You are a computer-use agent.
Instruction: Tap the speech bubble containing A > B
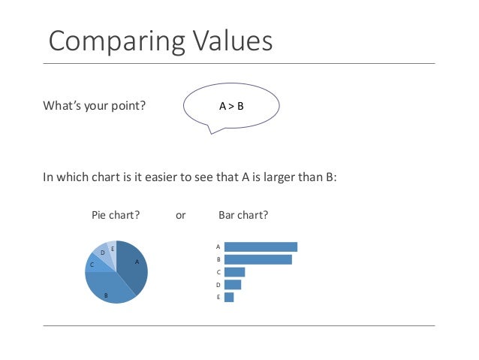(x=231, y=106)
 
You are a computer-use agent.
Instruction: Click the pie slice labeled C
(x=95, y=263)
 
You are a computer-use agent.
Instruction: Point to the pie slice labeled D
(x=104, y=253)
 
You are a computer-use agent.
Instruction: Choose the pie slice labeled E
(x=112, y=248)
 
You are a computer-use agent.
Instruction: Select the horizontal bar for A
(x=261, y=247)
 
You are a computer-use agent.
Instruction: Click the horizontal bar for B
(x=258, y=259)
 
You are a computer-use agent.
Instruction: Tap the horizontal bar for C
(x=234, y=272)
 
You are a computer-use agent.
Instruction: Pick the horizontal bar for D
(x=232, y=285)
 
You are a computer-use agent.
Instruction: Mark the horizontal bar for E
(x=229, y=297)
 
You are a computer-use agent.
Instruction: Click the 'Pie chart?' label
(x=116, y=215)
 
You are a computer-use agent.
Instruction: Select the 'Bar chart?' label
(x=243, y=215)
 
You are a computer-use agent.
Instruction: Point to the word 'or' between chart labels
(x=180, y=215)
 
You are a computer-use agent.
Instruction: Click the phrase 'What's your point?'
(x=95, y=106)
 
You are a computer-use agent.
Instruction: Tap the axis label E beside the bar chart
(x=218, y=298)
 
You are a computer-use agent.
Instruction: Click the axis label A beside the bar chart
(x=218, y=247)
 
